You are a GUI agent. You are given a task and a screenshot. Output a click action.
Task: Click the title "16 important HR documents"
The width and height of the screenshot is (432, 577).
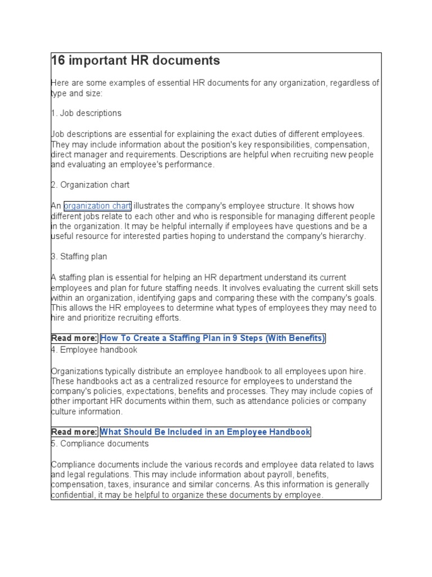click(x=136, y=61)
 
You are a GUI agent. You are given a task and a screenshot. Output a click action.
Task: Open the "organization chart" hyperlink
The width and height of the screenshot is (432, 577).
click(x=97, y=206)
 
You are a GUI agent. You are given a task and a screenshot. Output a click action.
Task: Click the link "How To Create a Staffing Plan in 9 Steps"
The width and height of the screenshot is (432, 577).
click(x=213, y=338)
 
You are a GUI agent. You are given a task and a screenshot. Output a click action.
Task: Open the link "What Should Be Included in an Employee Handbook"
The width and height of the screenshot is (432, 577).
click(x=205, y=432)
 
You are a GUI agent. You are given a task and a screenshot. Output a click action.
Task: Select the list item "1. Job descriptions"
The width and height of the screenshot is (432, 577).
click(x=86, y=113)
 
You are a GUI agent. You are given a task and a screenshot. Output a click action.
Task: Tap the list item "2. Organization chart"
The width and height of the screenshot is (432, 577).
click(x=91, y=185)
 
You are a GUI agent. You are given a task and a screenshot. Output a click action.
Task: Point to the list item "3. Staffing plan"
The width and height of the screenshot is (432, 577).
click(x=79, y=256)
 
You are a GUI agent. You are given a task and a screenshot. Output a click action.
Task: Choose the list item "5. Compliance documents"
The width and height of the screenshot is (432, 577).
click(x=100, y=443)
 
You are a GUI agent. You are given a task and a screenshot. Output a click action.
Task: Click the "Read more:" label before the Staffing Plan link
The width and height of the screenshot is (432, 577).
click(x=74, y=338)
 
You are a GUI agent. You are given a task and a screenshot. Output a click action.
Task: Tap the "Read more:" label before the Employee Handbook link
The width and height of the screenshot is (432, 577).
click(x=74, y=432)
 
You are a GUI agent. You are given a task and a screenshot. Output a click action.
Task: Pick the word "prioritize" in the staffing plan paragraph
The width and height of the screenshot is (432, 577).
click(x=88, y=318)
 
